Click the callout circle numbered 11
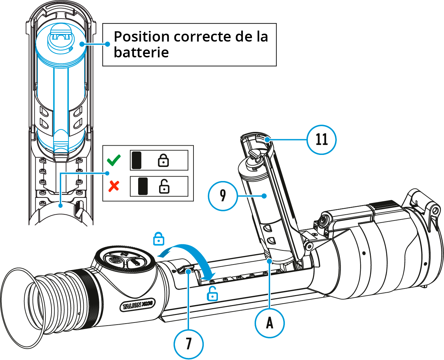tap(321, 139)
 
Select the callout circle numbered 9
tap(223, 196)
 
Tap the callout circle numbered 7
tap(188, 344)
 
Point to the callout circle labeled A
tap(269, 323)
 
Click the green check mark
tap(114, 160)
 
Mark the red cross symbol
tap(114, 186)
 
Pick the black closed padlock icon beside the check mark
tap(163, 160)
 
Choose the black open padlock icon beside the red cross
tap(164, 187)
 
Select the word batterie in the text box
tap(141, 53)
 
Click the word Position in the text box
tap(142, 37)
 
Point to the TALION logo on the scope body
tap(137, 304)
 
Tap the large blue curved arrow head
tap(208, 275)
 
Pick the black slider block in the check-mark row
tap(136, 160)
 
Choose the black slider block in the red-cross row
tap(143, 187)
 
